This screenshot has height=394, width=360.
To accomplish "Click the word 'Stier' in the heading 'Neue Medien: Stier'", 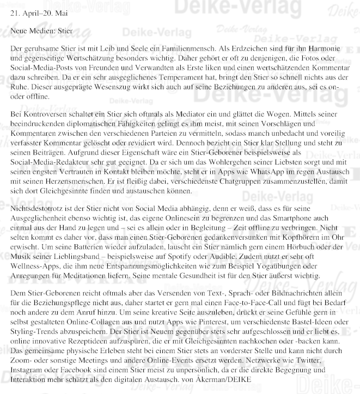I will click(x=63, y=31).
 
